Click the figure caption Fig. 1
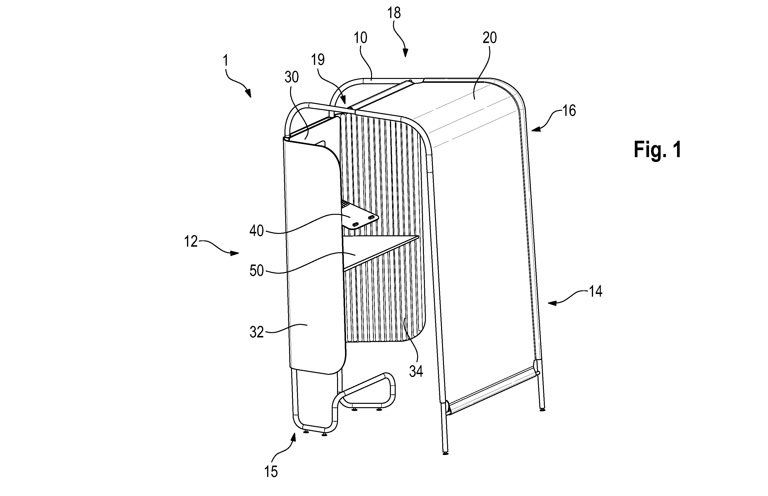[x=657, y=150]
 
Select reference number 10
[x=360, y=38]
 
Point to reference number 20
[x=490, y=38]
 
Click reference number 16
[x=569, y=111]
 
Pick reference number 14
[x=595, y=292]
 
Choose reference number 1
[x=225, y=60]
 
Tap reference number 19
[x=318, y=60]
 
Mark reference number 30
[x=292, y=77]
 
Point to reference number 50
[x=256, y=271]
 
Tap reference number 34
[x=416, y=372]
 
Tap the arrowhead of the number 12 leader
[x=235, y=253]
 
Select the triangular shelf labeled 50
[x=370, y=251]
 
